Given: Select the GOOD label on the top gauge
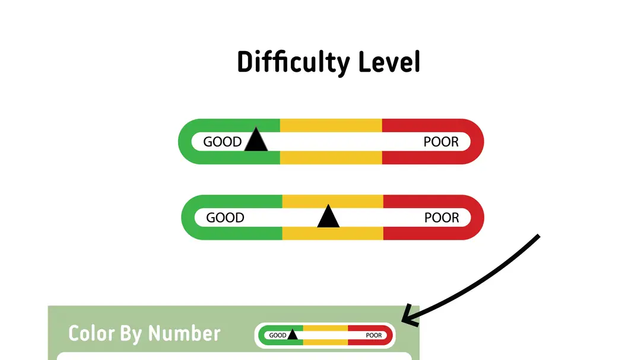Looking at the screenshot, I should pos(223,142).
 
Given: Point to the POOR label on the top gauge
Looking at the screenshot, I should pos(441,142).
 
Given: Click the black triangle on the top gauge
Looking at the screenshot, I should pos(256,141).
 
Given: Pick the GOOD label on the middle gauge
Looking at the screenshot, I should pos(225,218).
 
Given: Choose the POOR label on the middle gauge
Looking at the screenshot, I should pos(442,218).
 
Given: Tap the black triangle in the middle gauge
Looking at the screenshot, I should pos(328,218).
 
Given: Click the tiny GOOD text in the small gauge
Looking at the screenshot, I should pos(278,336).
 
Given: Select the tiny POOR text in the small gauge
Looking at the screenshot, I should pos(374,336).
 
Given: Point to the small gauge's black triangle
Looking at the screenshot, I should pos(292,335).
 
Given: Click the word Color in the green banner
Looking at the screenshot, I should pos(91,333).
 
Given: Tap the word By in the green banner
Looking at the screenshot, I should pos(131,334).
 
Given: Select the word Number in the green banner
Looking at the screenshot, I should pos(184,333).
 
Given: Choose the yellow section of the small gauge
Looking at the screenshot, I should pos(325,328).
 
